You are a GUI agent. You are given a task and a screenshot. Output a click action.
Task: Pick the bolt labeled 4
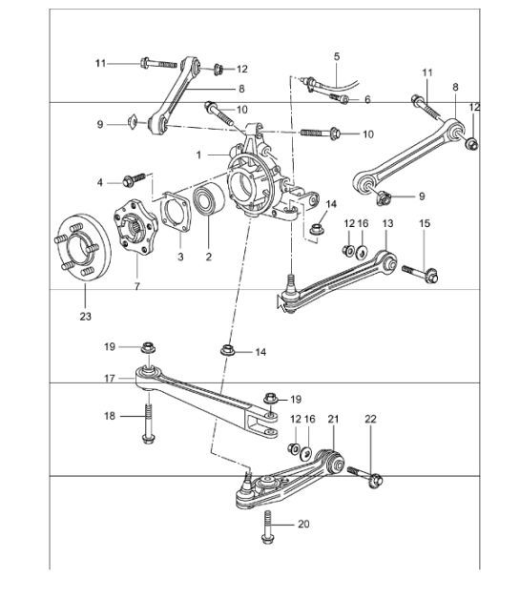coord(135,178)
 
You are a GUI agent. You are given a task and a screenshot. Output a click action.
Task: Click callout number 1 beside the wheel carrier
coord(199,154)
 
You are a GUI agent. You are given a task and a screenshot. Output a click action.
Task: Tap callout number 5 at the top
coord(337,57)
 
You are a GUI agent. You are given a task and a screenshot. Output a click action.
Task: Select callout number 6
coord(367,99)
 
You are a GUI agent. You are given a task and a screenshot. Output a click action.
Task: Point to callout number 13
coord(386,223)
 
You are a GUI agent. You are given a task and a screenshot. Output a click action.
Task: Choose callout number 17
coord(111,378)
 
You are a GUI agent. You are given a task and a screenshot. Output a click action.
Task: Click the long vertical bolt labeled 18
coord(150,425)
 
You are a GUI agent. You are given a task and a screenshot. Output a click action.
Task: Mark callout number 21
coord(333,420)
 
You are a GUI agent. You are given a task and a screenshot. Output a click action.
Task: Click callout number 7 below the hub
coord(135,285)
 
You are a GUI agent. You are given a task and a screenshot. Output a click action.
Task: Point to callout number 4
coord(99,180)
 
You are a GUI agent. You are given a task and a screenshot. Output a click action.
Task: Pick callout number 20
coord(303,524)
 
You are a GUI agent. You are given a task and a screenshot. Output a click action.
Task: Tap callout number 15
coord(426,223)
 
